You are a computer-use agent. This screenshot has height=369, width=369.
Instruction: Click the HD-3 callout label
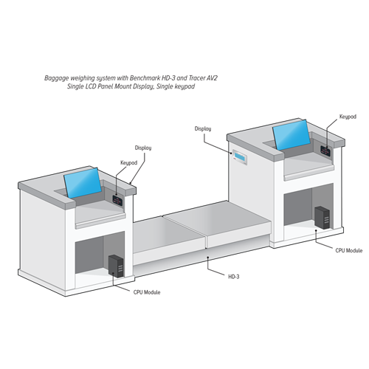(x=233, y=277)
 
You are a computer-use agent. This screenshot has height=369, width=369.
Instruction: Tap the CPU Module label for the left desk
(x=147, y=292)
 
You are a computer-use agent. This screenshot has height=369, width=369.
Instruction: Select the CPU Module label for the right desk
(x=349, y=250)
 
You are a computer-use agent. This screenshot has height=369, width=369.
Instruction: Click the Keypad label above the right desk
(x=348, y=117)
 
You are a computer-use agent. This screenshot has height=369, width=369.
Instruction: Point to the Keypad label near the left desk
(x=128, y=163)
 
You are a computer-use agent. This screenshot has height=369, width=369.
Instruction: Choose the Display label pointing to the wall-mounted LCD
(x=203, y=128)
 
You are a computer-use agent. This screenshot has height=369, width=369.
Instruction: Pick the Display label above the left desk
(x=143, y=148)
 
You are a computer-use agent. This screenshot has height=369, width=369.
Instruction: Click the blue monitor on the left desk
(x=83, y=183)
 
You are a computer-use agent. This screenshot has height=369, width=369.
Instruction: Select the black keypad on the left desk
(x=117, y=199)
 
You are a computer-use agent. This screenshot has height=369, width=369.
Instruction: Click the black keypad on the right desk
(x=325, y=151)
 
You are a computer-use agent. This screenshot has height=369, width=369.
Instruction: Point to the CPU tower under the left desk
(x=116, y=266)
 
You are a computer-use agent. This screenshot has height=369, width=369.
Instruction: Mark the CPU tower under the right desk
(x=323, y=218)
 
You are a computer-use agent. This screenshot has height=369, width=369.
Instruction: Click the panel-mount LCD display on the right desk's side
(x=240, y=157)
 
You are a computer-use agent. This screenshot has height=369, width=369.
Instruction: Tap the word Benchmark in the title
(x=145, y=78)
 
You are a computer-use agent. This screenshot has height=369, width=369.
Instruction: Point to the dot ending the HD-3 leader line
(x=208, y=258)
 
